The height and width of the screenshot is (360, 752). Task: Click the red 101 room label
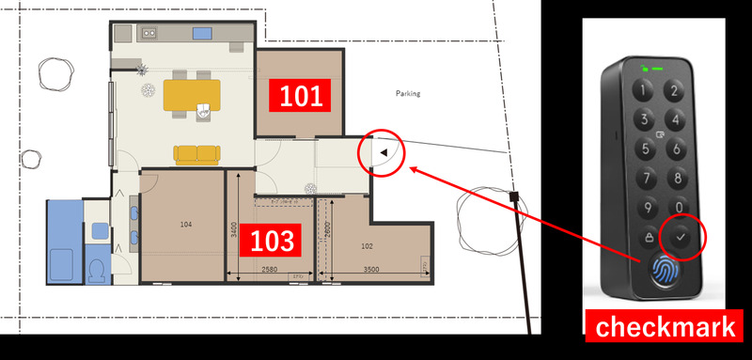pos(300,95)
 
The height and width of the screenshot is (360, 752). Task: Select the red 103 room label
pos(271,241)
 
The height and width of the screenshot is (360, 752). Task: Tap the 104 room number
pos(186,225)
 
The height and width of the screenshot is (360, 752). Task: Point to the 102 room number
pos(367,246)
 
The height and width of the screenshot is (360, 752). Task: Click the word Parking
pos(408,93)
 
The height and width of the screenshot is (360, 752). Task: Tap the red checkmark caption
pos(665,326)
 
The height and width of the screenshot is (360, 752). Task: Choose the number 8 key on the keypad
pos(677,179)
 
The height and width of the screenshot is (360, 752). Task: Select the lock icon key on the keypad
pos(650,237)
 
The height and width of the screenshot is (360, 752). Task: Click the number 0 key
pos(679,208)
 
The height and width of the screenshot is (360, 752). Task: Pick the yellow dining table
pos(192,95)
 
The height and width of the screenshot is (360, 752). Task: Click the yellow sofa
pos(197,155)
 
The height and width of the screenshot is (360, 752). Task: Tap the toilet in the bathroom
pos(98,271)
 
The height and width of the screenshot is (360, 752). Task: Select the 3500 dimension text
pos(371,270)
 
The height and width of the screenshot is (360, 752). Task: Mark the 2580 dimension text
pos(269,270)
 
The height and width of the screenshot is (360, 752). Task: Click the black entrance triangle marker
pos(384,153)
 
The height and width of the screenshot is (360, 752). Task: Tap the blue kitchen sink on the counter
pos(202,33)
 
